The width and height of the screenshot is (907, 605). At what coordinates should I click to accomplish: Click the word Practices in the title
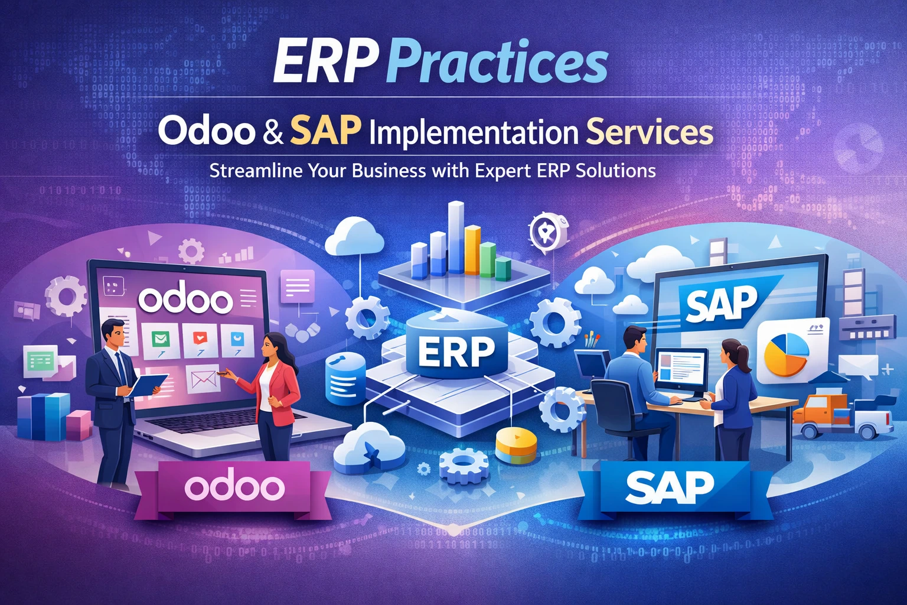point(499,62)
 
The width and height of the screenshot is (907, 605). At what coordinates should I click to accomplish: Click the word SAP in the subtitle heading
point(325,132)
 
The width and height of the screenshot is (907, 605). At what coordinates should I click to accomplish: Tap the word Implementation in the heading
point(472,134)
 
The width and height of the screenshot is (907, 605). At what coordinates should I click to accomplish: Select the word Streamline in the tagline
point(256,171)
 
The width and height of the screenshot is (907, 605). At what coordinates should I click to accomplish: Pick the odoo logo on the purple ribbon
point(234,487)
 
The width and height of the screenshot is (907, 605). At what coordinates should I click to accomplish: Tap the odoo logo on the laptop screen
point(185,299)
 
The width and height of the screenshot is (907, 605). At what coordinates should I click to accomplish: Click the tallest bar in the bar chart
point(455,236)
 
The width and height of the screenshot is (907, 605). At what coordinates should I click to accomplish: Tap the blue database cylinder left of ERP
point(345,379)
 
